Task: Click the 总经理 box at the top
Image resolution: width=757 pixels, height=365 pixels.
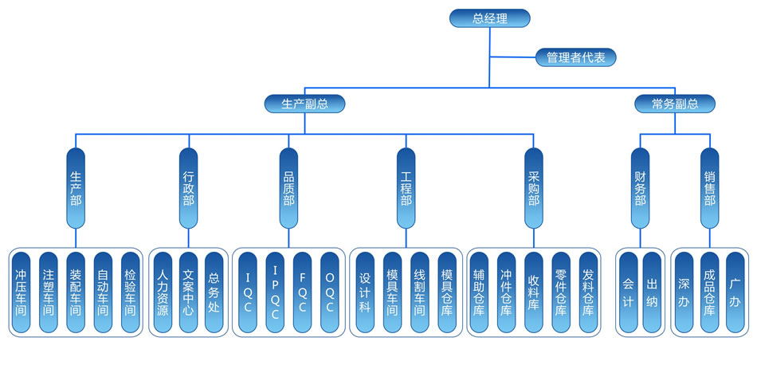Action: pos(489,18)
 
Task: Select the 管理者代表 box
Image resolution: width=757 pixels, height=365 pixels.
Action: pos(575,57)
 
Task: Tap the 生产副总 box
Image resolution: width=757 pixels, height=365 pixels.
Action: pos(305,104)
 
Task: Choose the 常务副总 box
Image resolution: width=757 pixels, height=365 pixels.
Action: pos(674,104)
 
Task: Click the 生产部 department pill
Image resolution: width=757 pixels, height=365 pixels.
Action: pos(76,189)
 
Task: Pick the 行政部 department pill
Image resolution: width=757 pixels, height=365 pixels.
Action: pos(188,189)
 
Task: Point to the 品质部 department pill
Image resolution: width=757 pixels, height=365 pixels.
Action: pos(288,189)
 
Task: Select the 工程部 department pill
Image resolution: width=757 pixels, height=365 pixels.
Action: pos(406,189)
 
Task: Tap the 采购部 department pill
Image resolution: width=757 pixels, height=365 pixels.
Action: pos(533,189)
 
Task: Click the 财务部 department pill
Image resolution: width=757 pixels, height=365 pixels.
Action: pos(640,189)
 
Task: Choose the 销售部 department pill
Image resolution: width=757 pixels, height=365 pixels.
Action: pos(709,189)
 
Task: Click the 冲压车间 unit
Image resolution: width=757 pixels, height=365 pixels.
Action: pos(22,292)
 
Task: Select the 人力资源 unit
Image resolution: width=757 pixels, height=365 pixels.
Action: pos(162,292)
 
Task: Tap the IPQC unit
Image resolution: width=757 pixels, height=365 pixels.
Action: pos(275,292)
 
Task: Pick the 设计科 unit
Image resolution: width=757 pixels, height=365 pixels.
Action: pos(364,292)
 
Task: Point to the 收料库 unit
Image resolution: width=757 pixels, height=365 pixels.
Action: pos(533,292)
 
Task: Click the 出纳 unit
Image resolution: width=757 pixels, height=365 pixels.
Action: pos(652,292)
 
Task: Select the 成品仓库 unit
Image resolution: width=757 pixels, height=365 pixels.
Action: pos(708,292)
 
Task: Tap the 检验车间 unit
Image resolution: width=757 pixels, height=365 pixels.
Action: pos(130,292)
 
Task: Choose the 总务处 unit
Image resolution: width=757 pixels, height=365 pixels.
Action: pos(214,292)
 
